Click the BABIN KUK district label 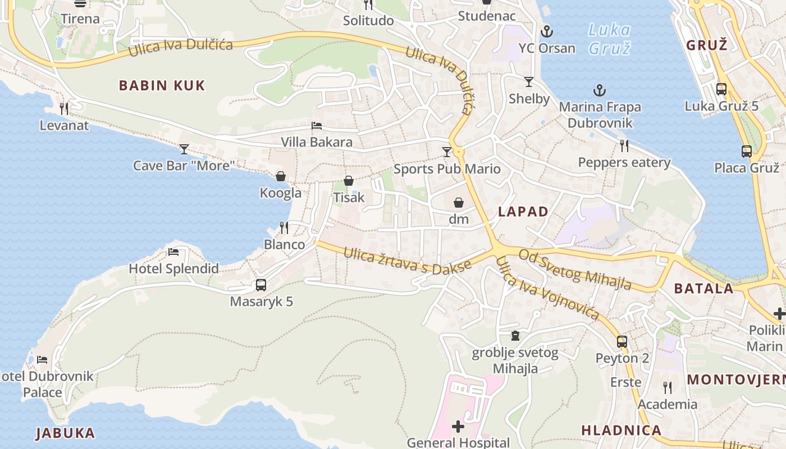click(162, 85)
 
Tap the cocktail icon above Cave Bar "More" click(184, 149)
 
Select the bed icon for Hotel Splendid click(173, 252)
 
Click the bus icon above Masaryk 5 click(261, 285)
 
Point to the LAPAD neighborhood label click(523, 212)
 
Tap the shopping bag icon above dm click(459, 203)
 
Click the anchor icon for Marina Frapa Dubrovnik click(600, 90)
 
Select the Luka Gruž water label click(610, 39)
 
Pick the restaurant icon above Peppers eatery click(624, 146)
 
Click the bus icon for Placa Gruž click(746, 151)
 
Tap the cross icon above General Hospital click(458, 427)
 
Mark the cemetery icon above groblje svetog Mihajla click(515, 336)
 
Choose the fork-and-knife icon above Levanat click(64, 108)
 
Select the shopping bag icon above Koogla click(281, 176)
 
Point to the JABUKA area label click(65, 433)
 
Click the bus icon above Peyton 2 click(622, 341)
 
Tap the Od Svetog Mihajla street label click(575, 270)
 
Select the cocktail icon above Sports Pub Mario click(447, 152)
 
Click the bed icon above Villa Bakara click(317, 125)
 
